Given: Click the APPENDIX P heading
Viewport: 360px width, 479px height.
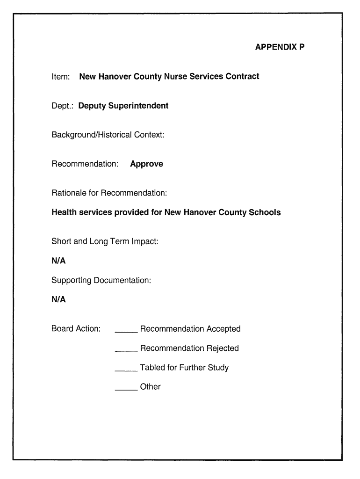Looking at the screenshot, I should tap(280, 47).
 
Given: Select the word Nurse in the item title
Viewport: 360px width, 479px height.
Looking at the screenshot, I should tap(175, 76).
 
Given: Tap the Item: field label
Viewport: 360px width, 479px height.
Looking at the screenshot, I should tap(61, 76).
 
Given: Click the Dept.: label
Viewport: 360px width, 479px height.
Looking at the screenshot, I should tap(63, 106).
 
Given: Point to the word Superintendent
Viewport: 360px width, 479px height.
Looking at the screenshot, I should tap(138, 106).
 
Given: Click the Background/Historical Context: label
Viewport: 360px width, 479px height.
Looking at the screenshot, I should tap(108, 135).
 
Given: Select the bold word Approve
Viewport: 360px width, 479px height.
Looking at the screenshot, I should tap(146, 164).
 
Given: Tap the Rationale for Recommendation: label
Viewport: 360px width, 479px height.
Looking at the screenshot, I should tap(109, 193).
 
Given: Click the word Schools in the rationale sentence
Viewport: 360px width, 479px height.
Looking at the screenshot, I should tap(265, 212).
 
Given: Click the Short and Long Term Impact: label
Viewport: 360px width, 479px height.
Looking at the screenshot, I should tap(105, 242).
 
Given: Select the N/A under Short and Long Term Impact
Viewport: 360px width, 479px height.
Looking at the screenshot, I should tap(58, 261).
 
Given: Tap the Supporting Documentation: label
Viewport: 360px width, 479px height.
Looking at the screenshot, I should tap(101, 281).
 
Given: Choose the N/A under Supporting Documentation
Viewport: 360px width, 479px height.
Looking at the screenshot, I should tap(58, 299).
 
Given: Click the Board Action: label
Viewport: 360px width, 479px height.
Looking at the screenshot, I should tap(76, 329).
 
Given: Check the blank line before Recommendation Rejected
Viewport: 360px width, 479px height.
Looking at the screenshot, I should tap(126, 350).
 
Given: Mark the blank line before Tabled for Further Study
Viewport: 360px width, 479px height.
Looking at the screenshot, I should tap(126, 370).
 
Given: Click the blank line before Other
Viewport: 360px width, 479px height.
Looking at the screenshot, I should tap(126, 389).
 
